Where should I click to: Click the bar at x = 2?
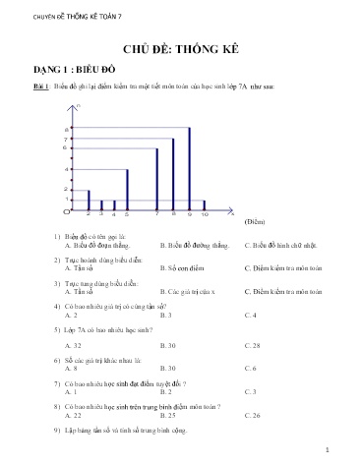(89, 200)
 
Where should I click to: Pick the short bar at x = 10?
(205, 204)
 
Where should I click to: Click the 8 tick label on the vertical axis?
(66, 129)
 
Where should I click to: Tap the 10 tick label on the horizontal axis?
(205, 214)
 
